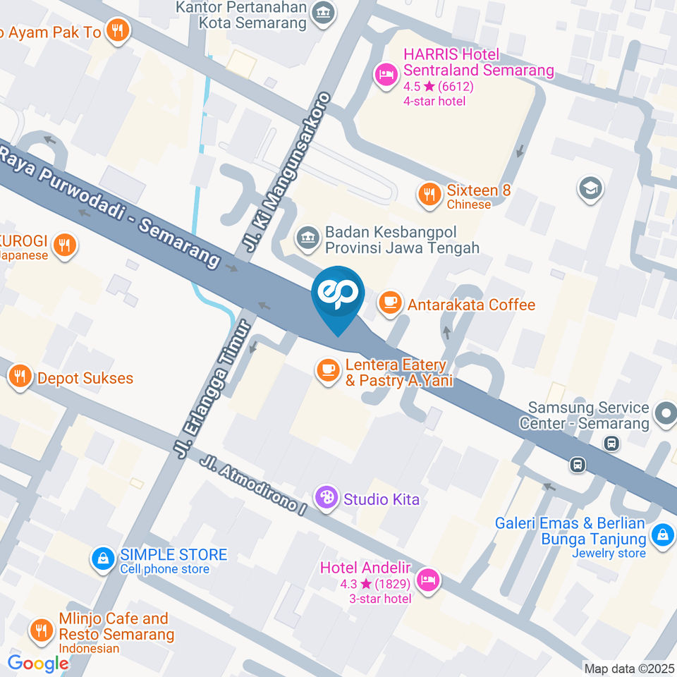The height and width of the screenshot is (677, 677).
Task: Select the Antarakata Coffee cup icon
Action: tap(389, 303)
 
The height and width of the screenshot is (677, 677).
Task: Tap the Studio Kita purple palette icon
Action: tap(326, 498)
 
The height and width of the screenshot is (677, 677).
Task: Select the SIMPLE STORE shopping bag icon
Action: tap(103, 559)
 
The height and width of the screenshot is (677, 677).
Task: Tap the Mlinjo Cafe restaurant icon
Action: tap(42, 630)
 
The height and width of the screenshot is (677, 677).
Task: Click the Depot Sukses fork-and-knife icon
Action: tap(20, 377)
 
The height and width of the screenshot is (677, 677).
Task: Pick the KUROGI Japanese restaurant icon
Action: tap(64, 245)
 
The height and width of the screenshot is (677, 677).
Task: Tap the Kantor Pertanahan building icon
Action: tap(324, 12)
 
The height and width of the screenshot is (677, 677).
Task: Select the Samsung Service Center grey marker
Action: tap(664, 414)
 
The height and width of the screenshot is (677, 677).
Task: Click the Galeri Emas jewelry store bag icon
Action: tap(662, 535)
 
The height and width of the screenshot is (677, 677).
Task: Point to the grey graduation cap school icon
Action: tap(589, 188)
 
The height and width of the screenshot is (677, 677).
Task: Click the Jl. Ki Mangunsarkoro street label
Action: tap(286, 171)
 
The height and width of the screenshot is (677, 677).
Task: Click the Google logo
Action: tap(37, 663)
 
